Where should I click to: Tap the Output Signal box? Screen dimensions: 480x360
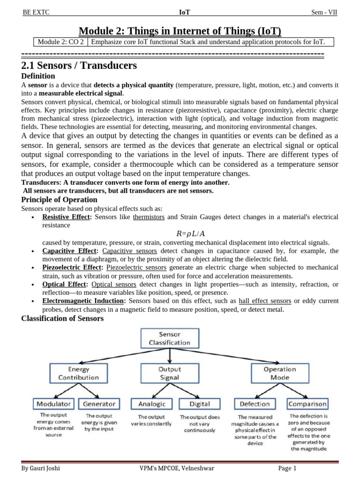click(169, 373)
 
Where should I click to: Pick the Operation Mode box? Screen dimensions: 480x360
click(280, 373)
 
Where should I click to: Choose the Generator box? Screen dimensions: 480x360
click(99, 404)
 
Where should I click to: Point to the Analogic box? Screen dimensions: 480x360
click(152, 404)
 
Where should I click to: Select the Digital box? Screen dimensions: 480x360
click(200, 404)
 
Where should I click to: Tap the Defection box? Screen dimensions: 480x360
click(255, 404)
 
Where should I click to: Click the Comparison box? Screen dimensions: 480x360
click(307, 404)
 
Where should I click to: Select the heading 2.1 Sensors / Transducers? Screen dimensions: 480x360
click(79, 66)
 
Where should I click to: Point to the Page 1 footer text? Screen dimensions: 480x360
click(287, 468)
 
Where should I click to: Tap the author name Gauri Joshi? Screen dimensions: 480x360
click(41, 468)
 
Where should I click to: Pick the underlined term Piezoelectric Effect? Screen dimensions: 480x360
click(72, 267)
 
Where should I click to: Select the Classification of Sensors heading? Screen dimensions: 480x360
click(62, 319)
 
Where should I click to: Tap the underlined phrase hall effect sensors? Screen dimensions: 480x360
click(265, 301)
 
